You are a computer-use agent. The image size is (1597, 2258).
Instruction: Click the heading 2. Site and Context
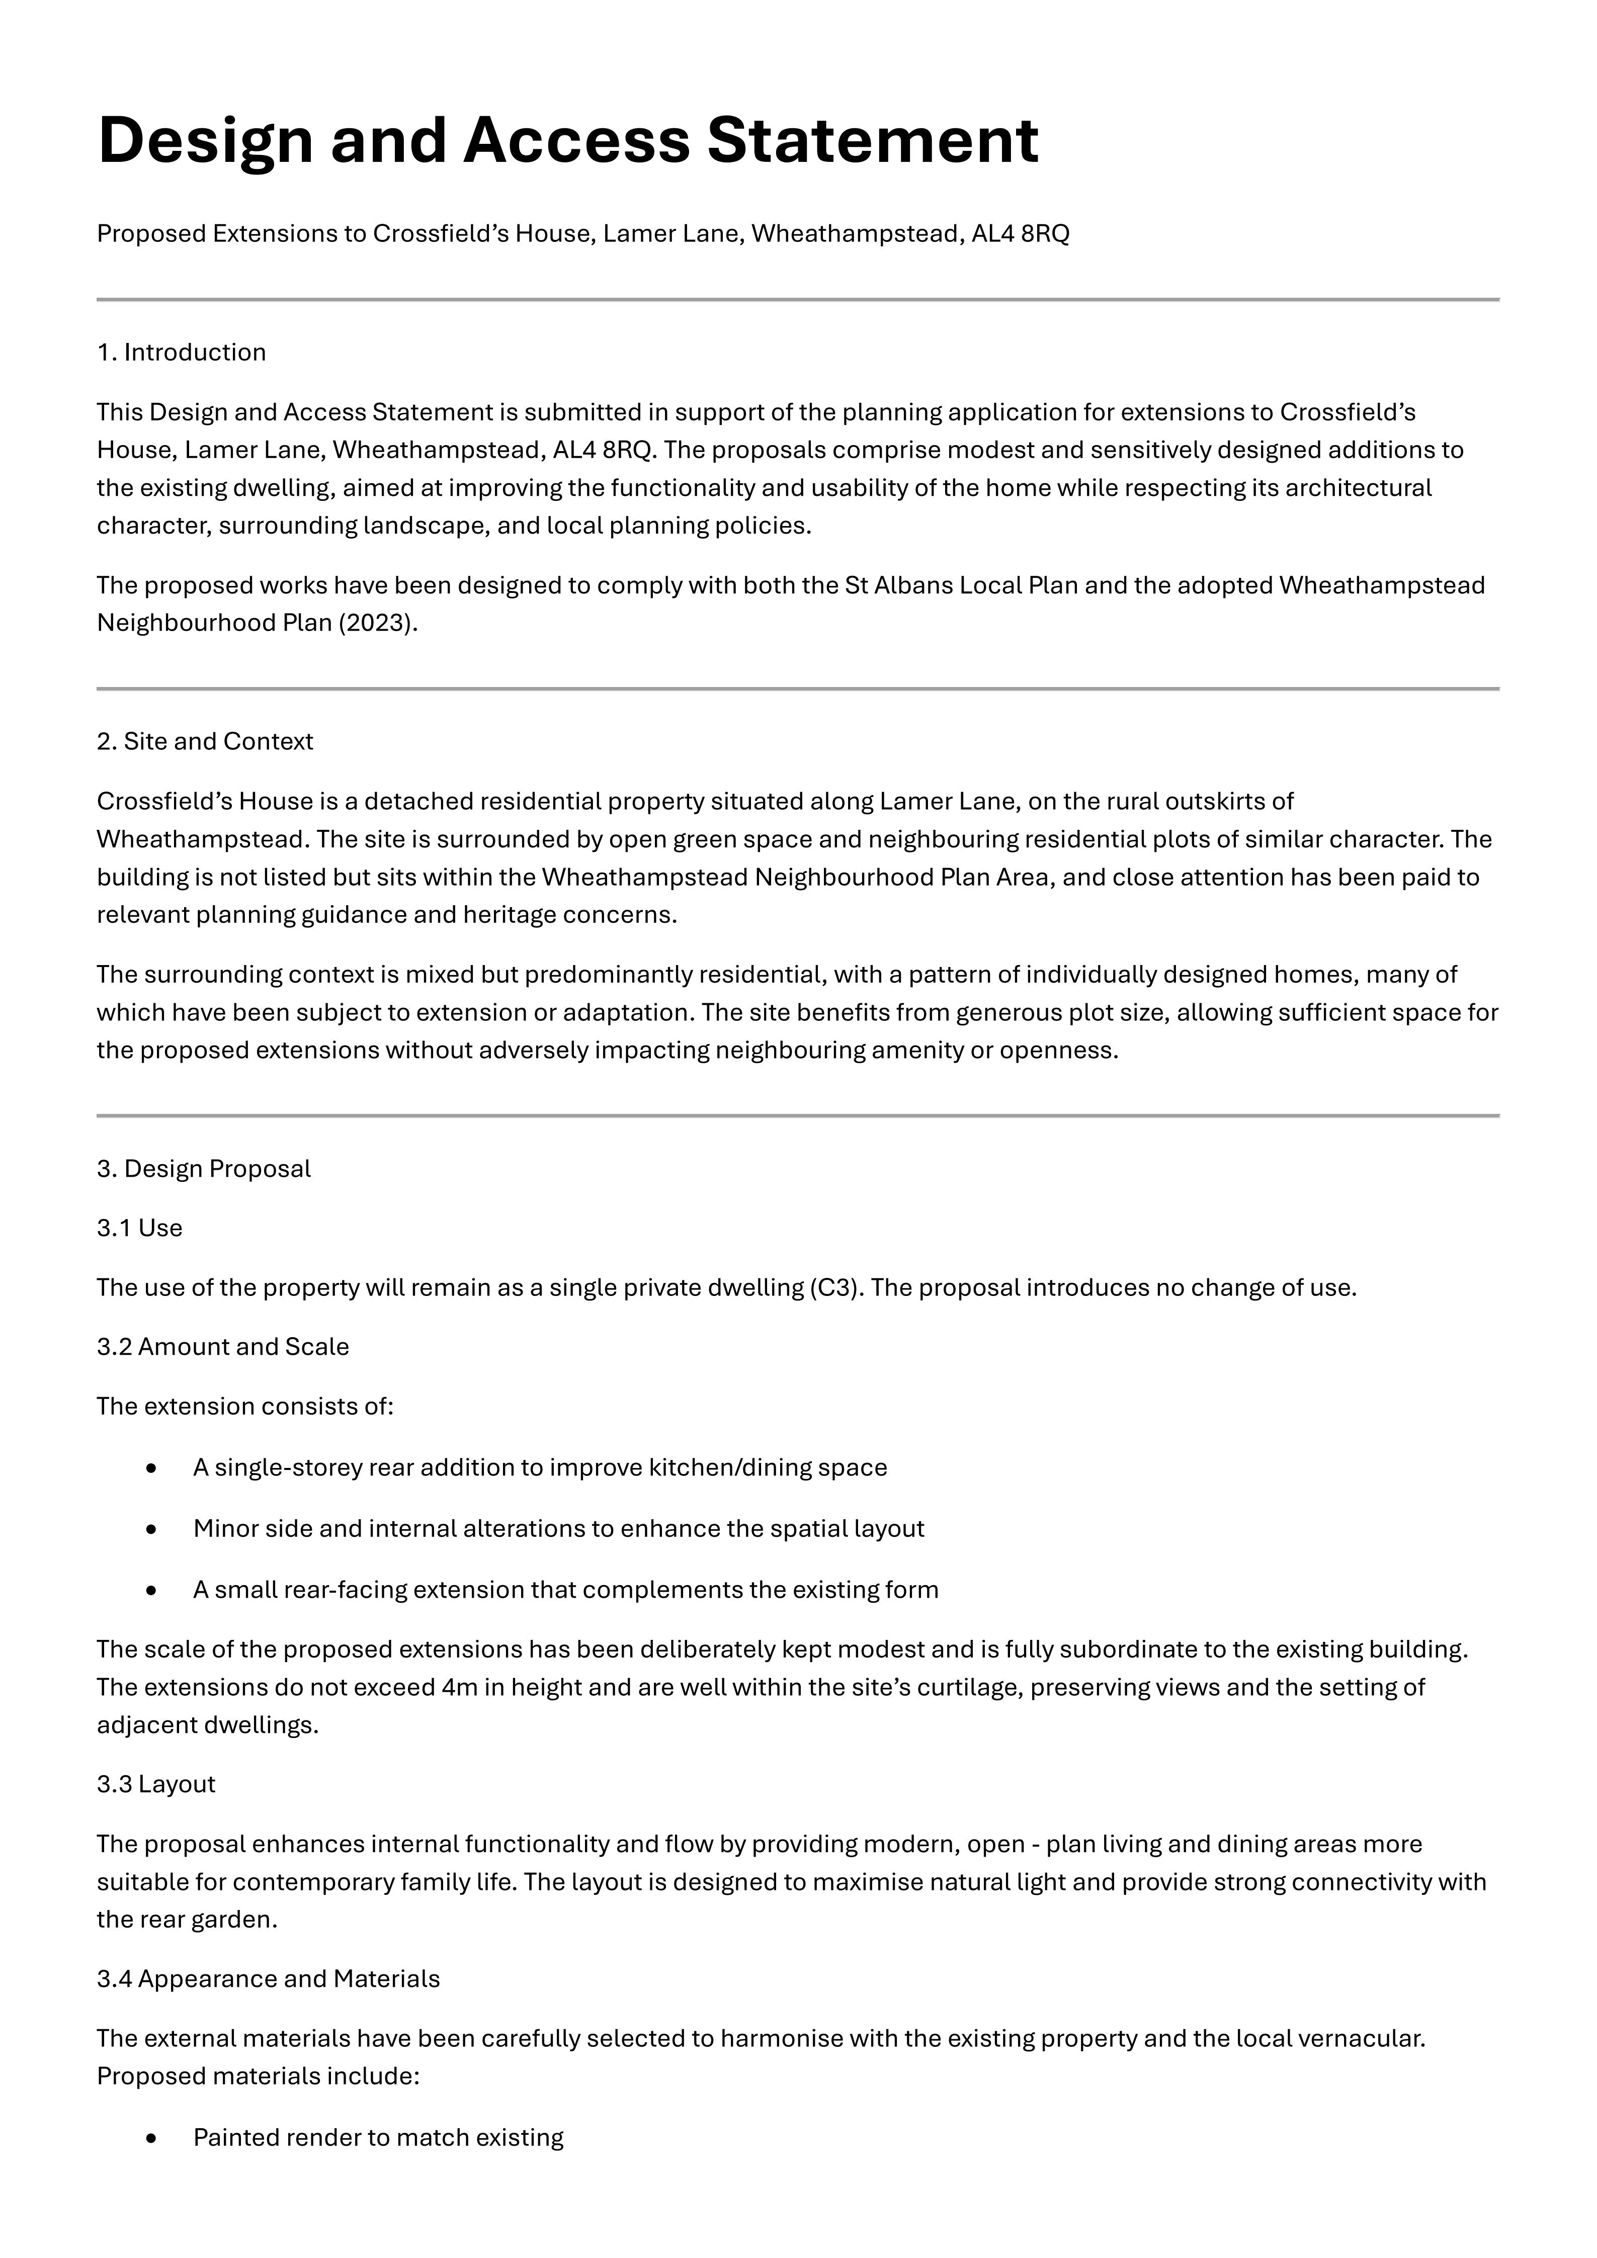pyautogui.click(x=205, y=742)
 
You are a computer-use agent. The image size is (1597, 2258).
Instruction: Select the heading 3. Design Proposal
pyautogui.click(x=204, y=1168)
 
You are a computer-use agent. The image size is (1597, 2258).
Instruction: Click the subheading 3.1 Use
pyautogui.click(x=140, y=1229)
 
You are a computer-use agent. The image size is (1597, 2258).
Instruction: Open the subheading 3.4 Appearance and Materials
pyautogui.click(x=269, y=1979)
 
